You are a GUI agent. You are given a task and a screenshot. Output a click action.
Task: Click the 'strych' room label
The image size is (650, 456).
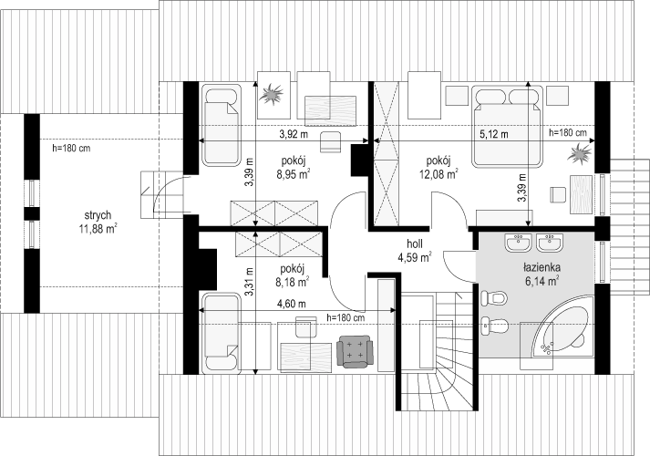(x=98, y=215)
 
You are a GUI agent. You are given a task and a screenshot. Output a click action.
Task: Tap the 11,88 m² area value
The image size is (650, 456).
(x=98, y=228)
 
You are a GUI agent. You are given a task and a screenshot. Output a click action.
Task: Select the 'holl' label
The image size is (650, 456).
(x=415, y=244)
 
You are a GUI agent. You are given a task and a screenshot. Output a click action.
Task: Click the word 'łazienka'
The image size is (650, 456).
(x=542, y=267)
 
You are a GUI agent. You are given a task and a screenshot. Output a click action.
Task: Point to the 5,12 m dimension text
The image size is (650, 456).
(x=494, y=134)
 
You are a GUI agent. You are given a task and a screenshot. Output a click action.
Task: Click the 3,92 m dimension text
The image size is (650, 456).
(x=294, y=134)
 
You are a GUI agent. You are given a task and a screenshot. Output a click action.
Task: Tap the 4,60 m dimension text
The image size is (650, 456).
(x=292, y=304)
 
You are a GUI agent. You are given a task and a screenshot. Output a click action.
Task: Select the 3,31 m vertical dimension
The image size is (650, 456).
(x=250, y=282)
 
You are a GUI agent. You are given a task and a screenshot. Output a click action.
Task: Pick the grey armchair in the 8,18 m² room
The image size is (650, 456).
(x=355, y=351)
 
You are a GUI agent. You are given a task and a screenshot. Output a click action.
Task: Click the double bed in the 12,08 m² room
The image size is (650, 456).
(x=507, y=126)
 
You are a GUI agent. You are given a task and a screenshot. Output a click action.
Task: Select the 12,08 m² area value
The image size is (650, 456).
(x=439, y=173)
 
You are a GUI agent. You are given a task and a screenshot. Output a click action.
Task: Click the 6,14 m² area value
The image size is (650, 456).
(x=542, y=281)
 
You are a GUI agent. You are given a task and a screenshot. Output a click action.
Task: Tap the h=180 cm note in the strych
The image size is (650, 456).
(x=72, y=148)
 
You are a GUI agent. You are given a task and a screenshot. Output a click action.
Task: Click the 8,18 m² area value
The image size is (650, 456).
(x=293, y=283)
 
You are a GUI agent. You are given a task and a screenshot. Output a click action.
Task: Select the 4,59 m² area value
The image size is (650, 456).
(x=415, y=257)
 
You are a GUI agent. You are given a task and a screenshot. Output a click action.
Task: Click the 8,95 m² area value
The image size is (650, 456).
(x=294, y=174)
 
